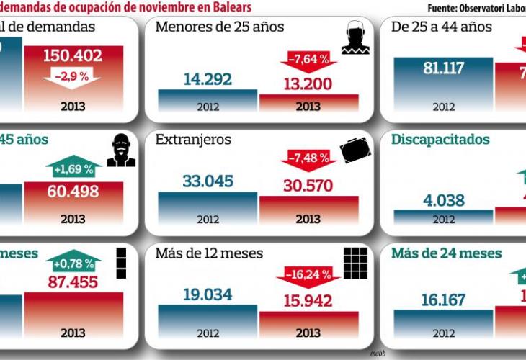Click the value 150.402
(73, 55)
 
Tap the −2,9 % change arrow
(73, 76)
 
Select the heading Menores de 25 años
(220, 27)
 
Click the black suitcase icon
(355, 150)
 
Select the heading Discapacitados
(440, 140)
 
